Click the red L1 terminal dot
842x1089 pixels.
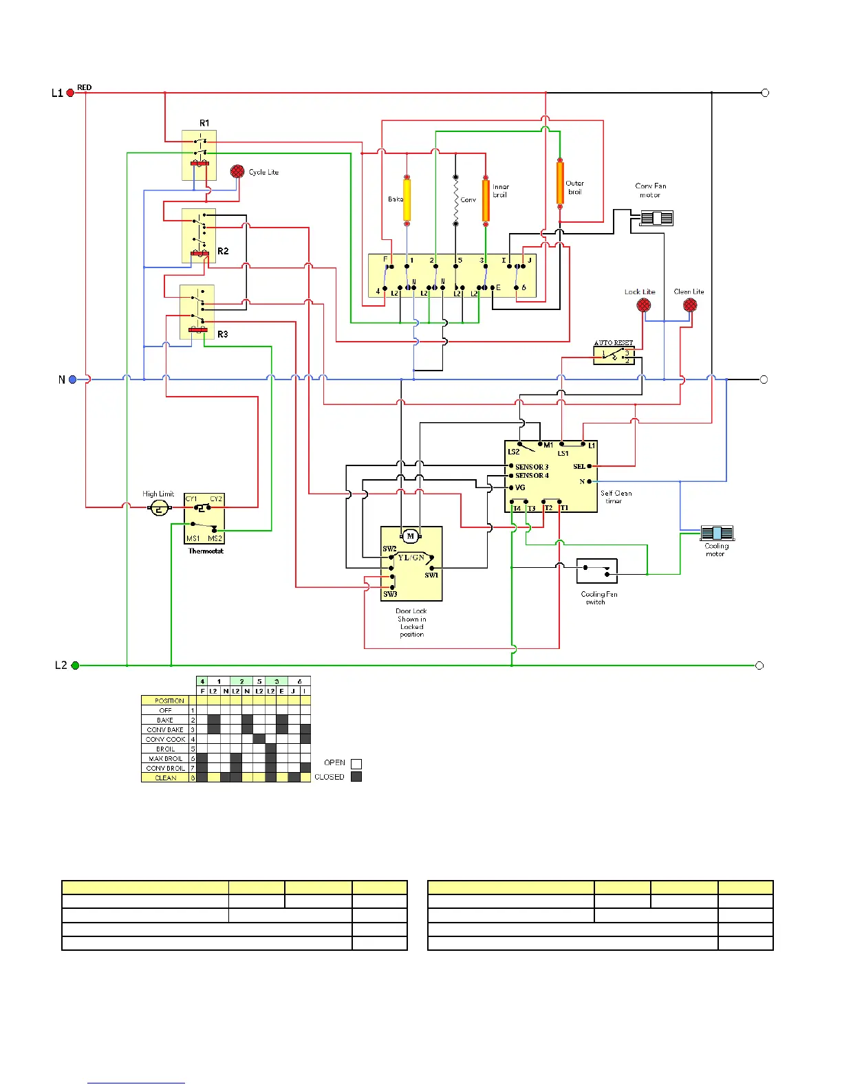(x=70, y=93)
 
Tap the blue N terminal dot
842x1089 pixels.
(x=72, y=379)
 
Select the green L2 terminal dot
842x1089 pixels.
(x=75, y=665)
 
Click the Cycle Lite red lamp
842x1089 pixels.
(x=237, y=171)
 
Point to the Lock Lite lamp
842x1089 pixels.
(x=644, y=305)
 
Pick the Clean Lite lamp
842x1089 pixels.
(x=690, y=305)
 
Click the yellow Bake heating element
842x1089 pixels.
(x=407, y=200)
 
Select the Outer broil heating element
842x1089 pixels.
(x=560, y=182)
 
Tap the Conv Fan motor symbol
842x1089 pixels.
(x=656, y=219)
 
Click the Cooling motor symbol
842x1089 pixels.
(x=717, y=533)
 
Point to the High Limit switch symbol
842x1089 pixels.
(x=160, y=509)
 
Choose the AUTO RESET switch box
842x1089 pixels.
(x=614, y=355)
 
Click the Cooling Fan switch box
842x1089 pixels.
(x=596, y=571)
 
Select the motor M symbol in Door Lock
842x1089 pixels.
(x=411, y=536)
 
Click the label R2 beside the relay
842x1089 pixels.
(x=223, y=252)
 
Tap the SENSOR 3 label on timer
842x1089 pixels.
(x=532, y=467)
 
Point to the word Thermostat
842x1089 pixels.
(x=206, y=551)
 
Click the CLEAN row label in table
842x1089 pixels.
(x=165, y=778)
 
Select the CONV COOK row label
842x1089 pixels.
(x=165, y=740)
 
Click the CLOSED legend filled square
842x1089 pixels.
(x=356, y=777)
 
